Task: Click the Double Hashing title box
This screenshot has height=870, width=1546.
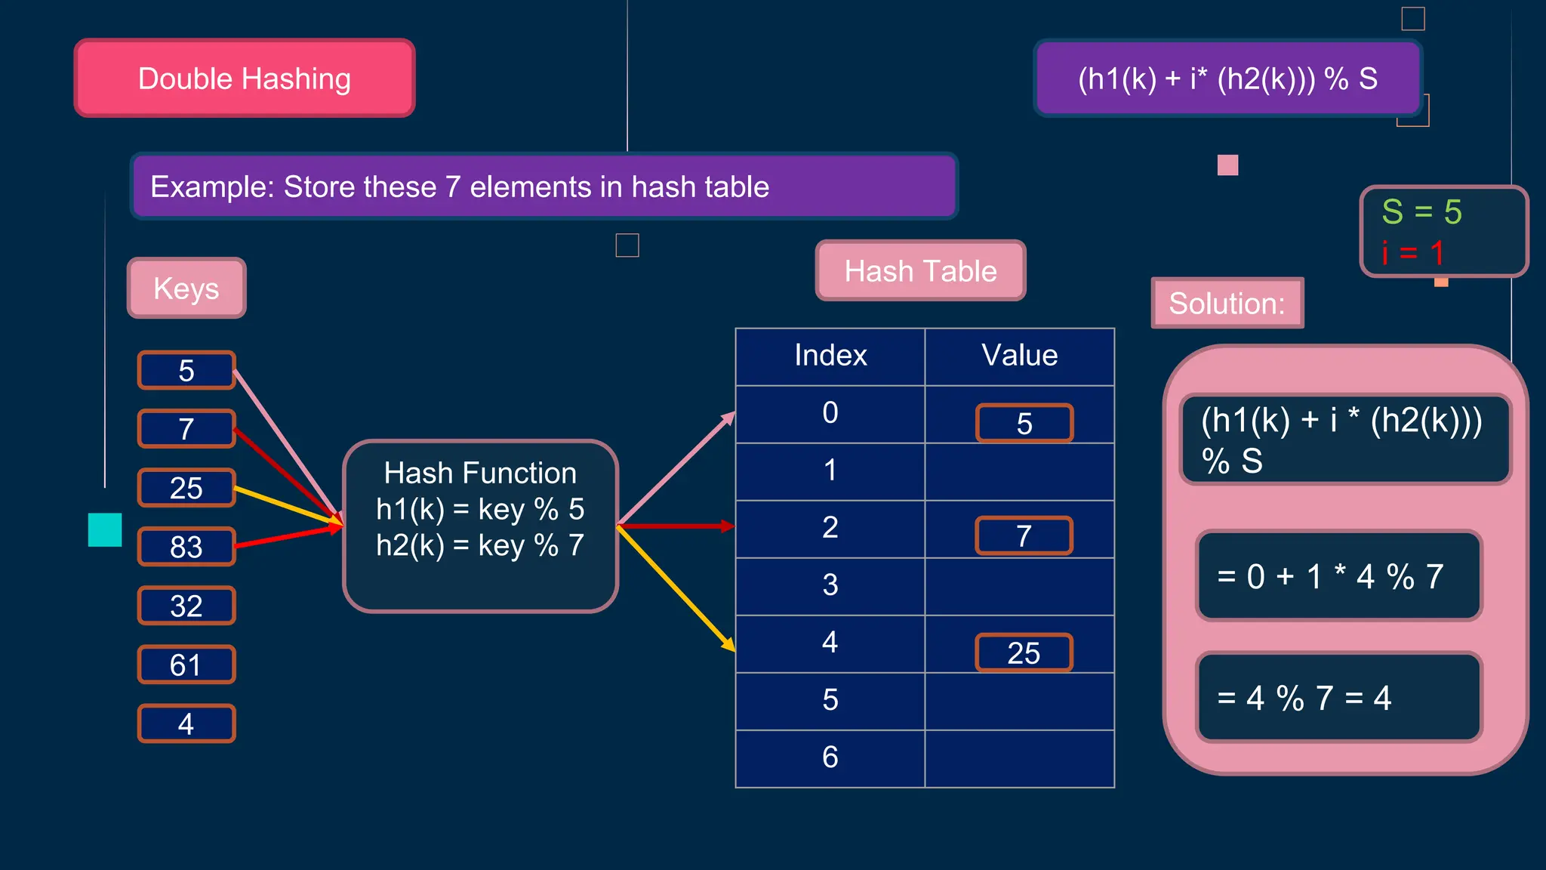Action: click(245, 79)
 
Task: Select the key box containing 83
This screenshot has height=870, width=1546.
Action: click(186, 547)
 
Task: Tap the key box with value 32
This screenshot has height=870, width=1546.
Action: click(186, 606)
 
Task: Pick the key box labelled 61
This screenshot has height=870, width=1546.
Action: click(186, 665)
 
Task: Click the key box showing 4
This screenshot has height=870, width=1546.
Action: click(186, 723)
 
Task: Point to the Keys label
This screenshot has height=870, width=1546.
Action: click(186, 288)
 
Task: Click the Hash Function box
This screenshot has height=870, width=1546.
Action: click(480, 526)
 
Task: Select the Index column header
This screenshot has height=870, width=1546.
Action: click(830, 356)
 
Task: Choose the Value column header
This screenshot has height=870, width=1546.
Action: click(1019, 356)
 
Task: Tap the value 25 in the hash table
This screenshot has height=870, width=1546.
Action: click(1024, 653)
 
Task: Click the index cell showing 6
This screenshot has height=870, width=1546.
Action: click(830, 757)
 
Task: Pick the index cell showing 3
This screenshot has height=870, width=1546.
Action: click(830, 585)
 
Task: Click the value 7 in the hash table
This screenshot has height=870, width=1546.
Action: click(1024, 536)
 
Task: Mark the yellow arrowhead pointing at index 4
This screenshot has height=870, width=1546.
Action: click(729, 645)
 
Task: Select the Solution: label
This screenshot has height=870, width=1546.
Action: click(1227, 304)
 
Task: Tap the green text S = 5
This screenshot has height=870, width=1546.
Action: click(1421, 212)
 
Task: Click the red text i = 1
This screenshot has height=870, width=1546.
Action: click(1412, 253)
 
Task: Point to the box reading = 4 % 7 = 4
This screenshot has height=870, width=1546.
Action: click(1338, 698)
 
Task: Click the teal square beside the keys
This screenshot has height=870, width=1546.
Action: click(105, 529)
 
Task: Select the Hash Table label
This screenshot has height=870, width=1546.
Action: click(920, 271)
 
